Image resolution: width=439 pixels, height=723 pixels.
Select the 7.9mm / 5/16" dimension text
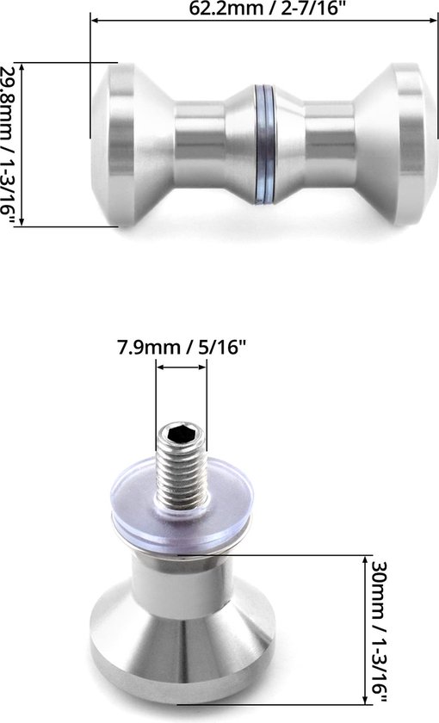pyautogui.click(x=182, y=349)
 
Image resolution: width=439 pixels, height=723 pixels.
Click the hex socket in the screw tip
pyautogui.click(x=182, y=436)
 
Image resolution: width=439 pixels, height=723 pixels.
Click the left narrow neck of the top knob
pyautogui.click(x=200, y=144)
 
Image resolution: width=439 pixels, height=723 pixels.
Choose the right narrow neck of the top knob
pyautogui.click(x=331, y=144)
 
